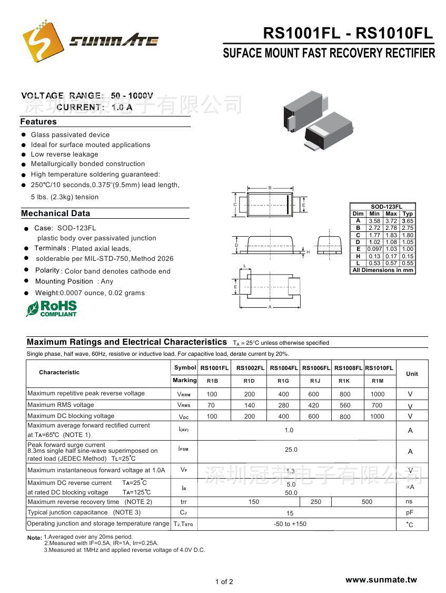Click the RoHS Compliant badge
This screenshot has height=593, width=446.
click(x=52, y=308)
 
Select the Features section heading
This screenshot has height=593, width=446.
click(x=38, y=122)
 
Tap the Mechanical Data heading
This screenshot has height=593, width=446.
click(x=55, y=213)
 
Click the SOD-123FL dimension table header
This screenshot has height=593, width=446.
click(x=383, y=207)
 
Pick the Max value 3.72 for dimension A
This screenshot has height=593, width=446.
click(x=391, y=221)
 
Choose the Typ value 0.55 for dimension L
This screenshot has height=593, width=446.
click(x=408, y=263)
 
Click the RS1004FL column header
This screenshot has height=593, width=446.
click(x=283, y=368)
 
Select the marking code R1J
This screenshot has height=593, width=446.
click(x=315, y=381)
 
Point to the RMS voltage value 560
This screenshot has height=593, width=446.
click(x=345, y=405)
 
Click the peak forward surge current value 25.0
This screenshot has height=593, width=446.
click(x=291, y=450)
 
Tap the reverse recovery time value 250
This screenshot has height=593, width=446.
click(x=316, y=502)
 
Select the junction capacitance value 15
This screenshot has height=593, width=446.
click(x=290, y=513)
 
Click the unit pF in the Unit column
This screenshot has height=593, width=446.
click(x=410, y=513)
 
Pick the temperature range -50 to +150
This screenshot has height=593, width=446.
click(x=290, y=524)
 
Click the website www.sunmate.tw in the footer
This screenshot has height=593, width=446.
click(x=381, y=580)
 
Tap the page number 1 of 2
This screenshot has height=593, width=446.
click(x=224, y=582)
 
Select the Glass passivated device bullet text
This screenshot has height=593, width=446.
click(x=70, y=135)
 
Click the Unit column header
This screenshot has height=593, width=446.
click(x=412, y=374)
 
